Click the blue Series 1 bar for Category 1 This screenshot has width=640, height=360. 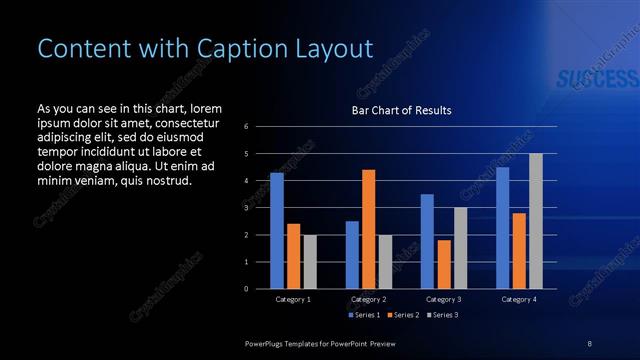277,231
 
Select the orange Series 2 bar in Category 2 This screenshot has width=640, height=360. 368,229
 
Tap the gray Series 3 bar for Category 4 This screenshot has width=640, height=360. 535,221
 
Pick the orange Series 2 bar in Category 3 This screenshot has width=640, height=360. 444,264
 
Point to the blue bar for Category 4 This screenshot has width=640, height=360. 502,228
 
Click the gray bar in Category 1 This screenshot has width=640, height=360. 310,262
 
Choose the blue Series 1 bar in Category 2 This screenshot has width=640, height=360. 352,255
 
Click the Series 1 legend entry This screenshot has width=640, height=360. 364,315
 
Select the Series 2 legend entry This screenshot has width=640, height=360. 402,315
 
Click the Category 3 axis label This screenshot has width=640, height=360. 443,299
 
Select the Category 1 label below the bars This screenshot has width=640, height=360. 293,299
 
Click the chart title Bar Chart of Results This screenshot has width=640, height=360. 401,110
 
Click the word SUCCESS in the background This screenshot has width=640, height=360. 590,80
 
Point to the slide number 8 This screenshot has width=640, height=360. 590,343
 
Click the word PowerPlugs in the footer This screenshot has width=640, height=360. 267,343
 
